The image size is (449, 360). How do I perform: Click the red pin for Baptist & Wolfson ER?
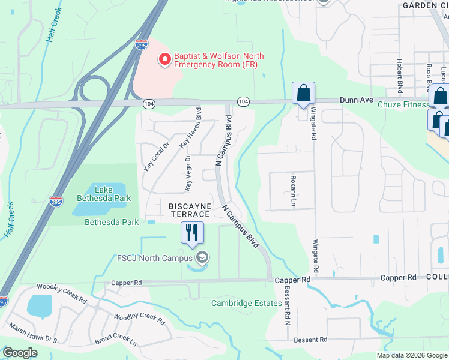163,59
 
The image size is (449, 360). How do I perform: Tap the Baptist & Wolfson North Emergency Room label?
218,61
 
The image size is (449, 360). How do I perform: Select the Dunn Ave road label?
357,101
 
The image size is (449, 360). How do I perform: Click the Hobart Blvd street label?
399,76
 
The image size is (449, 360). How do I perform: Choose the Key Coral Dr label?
149,157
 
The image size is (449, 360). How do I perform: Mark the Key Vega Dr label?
188,174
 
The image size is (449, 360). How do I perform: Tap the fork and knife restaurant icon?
192,232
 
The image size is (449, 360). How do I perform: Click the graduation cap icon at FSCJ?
202,258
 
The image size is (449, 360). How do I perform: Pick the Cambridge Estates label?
246,303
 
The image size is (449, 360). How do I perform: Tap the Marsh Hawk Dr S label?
33,333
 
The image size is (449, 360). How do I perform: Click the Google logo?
20,353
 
